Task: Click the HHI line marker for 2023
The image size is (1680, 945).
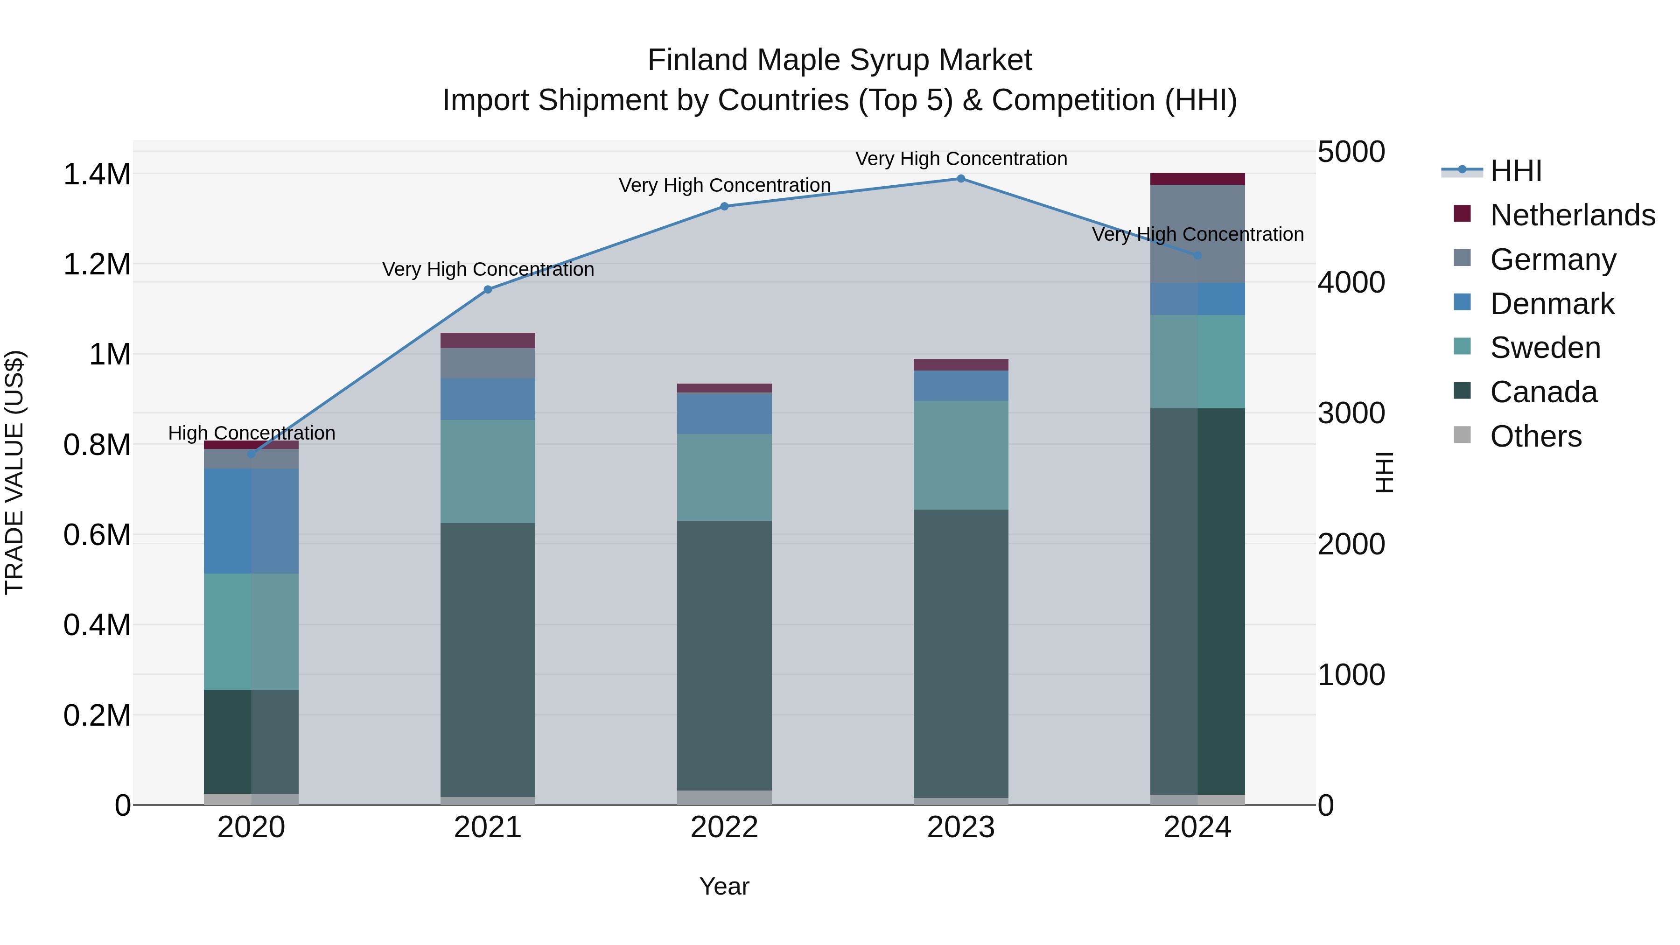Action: (961, 179)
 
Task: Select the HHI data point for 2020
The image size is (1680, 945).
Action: (251, 454)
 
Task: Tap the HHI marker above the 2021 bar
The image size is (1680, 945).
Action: (488, 289)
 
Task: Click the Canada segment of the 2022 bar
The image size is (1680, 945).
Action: (724, 656)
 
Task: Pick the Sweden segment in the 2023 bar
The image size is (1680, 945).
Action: (961, 455)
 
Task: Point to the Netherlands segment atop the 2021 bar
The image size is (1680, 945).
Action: (488, 341)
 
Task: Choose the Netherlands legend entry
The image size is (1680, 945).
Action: (1572, 215)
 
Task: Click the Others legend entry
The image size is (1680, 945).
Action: (1536, 436)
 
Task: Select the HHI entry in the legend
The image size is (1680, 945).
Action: (1516, 171)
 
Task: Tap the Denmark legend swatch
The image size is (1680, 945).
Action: (1463, 302)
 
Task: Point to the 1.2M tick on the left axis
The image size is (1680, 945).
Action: (97, 265)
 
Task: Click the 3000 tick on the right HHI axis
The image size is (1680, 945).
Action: (1351, 413)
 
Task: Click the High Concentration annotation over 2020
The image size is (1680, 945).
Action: (252, 433)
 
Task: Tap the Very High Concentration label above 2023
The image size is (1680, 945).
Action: (961, 159)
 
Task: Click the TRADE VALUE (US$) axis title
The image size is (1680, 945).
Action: (14, 472)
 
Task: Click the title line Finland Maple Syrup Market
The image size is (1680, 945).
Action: (840, 60)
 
